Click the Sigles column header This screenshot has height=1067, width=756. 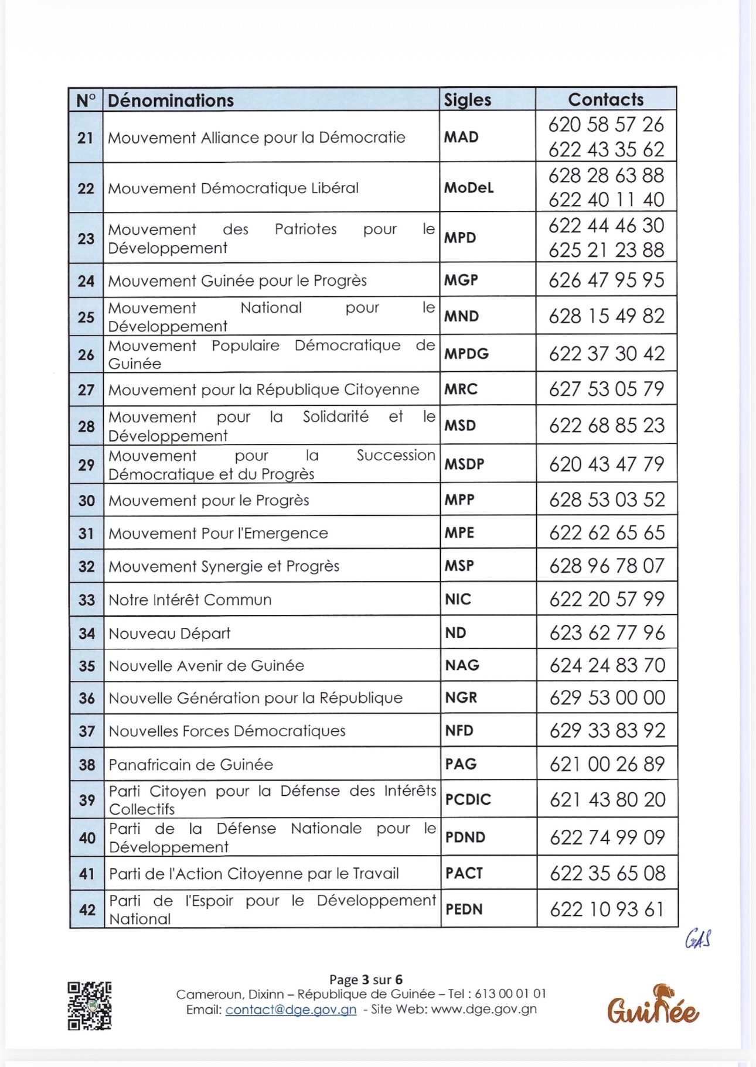[467, 100]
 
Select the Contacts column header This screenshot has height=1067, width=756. [605, 100]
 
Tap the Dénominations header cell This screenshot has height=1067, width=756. [171, 101]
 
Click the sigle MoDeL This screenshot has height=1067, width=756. [469, 188]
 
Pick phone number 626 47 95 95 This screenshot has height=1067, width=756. [607, 281]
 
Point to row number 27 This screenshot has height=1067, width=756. [86, 390]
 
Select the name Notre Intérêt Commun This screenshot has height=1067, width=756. [190, 600]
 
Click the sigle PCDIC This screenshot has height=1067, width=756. [468, 799]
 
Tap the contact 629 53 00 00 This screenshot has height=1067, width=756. [607, 697]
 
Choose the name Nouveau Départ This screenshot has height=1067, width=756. [170, 633]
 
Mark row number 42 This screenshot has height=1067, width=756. [87, 909]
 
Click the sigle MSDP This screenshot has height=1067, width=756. [464, 464]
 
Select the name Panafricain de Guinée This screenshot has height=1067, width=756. [191, 765]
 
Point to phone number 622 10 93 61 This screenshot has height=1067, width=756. [607, 909]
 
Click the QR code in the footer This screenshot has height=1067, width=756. [90, 1006]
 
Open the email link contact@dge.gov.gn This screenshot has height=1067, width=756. [291, 1010]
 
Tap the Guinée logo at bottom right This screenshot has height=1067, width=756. [652, 1007]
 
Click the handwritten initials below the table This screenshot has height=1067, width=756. [698, 939]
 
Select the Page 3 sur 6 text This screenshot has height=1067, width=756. [366, 980]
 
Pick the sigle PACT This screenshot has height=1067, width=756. [464, 874]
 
